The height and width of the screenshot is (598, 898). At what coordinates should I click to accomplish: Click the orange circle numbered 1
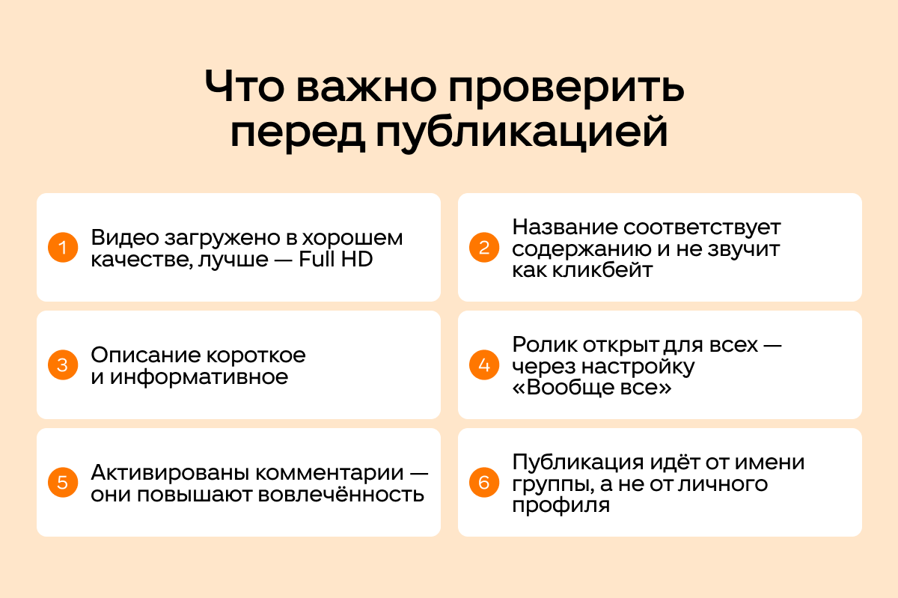63,248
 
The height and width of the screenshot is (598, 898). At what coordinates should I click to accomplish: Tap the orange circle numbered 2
484,248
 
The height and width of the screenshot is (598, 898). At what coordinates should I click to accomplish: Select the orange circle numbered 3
63,365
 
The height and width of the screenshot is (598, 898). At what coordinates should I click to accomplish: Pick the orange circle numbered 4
484,365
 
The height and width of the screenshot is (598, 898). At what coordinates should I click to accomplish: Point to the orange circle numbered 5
63,483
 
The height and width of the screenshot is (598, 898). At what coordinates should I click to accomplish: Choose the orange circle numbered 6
484,483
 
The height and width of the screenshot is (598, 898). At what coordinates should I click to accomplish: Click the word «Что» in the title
245,86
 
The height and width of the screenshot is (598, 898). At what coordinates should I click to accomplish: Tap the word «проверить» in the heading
566,90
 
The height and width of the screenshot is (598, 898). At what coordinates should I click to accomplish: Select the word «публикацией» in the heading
522,134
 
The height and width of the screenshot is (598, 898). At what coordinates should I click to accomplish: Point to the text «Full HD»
336,259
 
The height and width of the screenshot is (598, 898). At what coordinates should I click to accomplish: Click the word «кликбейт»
602,270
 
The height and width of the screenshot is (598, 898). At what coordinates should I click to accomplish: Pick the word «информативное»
199,377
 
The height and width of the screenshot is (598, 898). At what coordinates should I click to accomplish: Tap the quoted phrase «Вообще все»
592,388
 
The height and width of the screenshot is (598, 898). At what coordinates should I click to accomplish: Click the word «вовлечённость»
340,494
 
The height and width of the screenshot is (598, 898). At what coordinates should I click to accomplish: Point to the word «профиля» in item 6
561,505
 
